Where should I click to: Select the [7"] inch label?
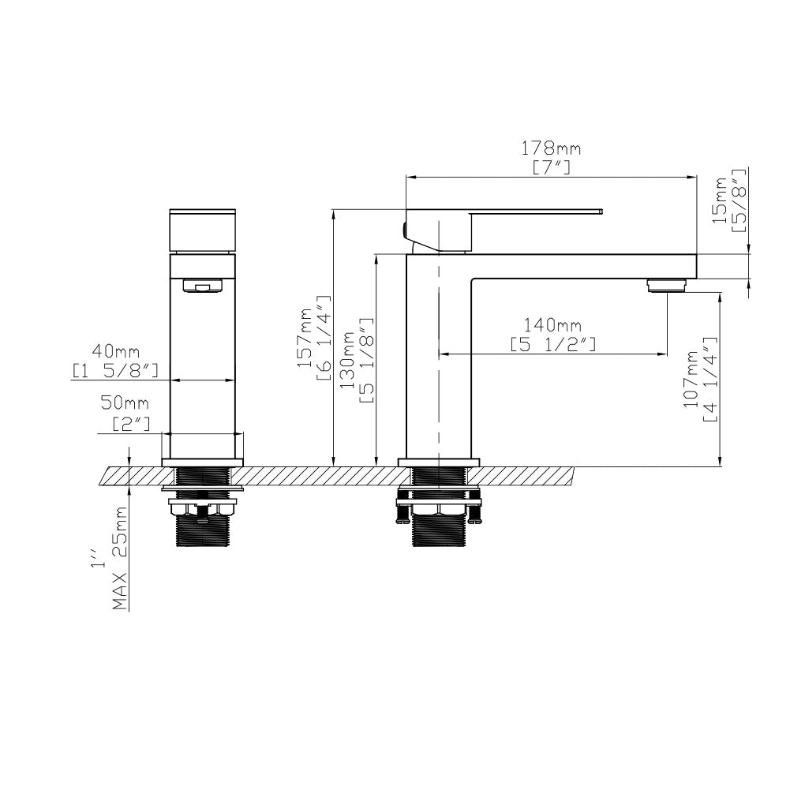(551, 167)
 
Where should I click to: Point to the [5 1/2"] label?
(552, 345)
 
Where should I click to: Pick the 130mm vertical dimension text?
(348, 362)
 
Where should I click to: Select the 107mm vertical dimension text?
(692, 380)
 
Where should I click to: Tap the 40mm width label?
(115, 350)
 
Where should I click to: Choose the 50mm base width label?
(125, 404)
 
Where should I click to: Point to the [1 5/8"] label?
(116, 369)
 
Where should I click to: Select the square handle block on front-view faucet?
(203, 230)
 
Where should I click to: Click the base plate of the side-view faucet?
(439, 462)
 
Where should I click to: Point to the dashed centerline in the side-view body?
(438, 355)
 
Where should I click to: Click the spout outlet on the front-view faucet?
(203, 286)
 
